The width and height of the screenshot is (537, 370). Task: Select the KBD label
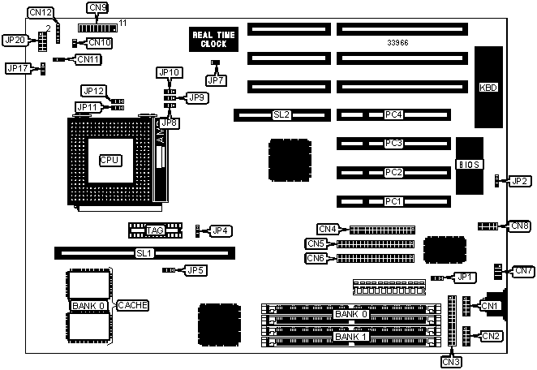[488, 88]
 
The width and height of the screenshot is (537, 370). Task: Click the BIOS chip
[470, 165]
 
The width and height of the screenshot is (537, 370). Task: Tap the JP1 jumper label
[464, 277]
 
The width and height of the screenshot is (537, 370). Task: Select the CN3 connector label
[452, 362]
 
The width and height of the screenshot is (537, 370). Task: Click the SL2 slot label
[281, 115]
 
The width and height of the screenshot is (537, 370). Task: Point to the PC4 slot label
[394, 115]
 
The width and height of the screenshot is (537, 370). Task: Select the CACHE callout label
[132, 305]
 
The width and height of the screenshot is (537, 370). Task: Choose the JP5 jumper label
[195, 270]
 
